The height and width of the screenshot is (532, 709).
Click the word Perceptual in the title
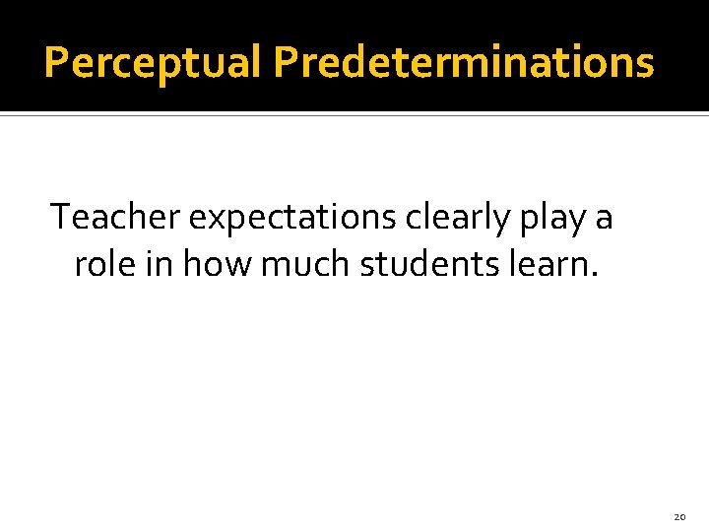pos(154,63)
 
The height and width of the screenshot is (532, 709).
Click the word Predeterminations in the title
pos(463,63)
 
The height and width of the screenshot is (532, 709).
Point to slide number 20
pos(679,516)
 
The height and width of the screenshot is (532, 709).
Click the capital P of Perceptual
pos(57,63)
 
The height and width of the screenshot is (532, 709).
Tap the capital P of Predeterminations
pos(287,63)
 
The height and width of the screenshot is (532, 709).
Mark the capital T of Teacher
pos(61,217)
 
